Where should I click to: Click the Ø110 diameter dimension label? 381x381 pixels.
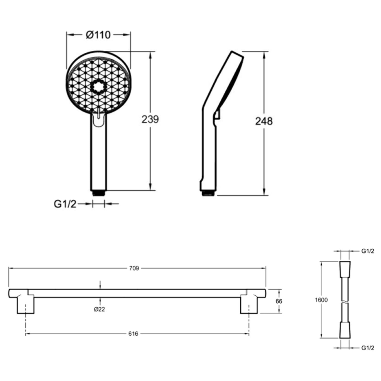click(98, 35)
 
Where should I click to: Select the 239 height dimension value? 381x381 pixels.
click(150, 119)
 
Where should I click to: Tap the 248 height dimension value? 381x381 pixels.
click(264, 121)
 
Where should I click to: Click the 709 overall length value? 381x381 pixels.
click(134, 268)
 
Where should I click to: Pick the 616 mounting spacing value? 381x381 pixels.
click(133, 334)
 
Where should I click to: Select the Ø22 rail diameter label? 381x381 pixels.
click(99, 309)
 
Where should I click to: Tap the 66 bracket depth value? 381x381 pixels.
click(279, 301)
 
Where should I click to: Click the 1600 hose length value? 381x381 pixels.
click(321, 300)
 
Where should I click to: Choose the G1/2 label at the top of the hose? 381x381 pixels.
click(368, 251)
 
